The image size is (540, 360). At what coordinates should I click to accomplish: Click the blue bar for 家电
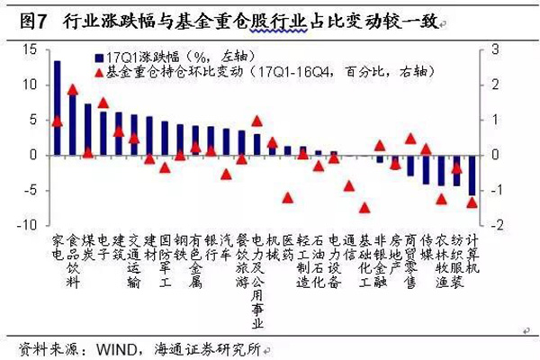58,107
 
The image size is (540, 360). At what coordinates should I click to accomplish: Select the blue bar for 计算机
472,175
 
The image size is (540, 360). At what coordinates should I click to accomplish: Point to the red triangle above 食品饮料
73,90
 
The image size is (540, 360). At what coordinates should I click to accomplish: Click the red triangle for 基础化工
364,207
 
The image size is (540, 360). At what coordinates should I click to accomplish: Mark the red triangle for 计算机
472,202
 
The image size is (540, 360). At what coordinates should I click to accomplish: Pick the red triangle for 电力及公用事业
256,121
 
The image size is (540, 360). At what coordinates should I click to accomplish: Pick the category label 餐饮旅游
241,266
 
